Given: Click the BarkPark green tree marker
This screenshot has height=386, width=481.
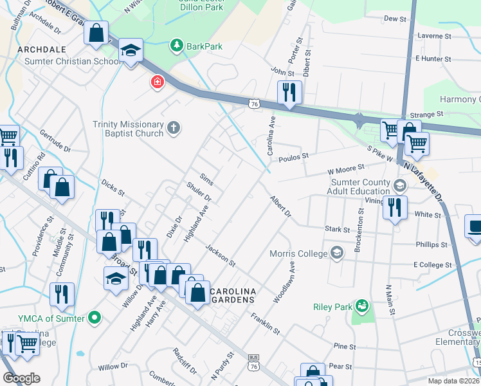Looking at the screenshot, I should point(176,46).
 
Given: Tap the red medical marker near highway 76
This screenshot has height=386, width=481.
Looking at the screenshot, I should point(156,82).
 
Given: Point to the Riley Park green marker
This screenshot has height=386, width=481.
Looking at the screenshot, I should point(361,304).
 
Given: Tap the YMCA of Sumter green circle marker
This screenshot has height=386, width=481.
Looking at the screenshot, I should point(95,317).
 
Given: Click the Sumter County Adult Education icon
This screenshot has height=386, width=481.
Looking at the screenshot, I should point(399,187).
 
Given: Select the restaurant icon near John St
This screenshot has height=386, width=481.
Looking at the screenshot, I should point(289,92).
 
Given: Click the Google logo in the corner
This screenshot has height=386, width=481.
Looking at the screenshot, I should point(21,378).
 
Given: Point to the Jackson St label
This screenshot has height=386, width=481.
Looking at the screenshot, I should point(221,255).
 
